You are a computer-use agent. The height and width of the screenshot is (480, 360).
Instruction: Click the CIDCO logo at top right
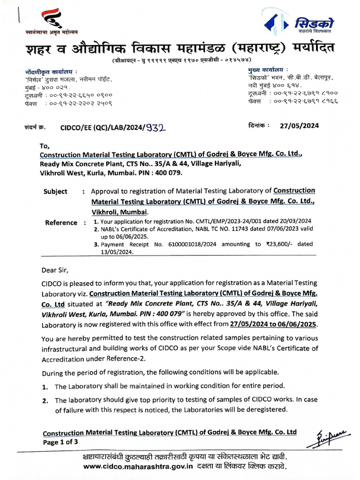pyautogui.click(x=300, y=23)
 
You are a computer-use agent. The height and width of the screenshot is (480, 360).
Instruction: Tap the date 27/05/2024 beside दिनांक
pyautogui.click(x=300, y=126)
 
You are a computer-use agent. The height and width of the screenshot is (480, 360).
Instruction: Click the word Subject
pyautogui.click(x=55, y=191)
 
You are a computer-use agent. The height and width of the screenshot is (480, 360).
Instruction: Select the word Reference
pyautogui.click(x=61, y=223)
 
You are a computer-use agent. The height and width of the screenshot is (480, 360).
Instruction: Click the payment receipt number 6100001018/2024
pyautogui.click(x=181, y=244)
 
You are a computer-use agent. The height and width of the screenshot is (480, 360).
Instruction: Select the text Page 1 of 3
pyautogui.click(x=60, y=442)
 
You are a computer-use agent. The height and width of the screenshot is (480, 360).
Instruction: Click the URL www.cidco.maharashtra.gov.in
pyautogui.click(x=138, y=466)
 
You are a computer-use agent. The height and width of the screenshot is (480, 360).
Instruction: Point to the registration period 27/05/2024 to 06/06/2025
pyautogui.click(x=273, y=324)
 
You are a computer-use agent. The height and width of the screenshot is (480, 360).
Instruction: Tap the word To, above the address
pyautogui.click(x=45, y=146)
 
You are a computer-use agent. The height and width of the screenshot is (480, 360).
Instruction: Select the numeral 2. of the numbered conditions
pyautogui.click(x=45, y=401)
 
